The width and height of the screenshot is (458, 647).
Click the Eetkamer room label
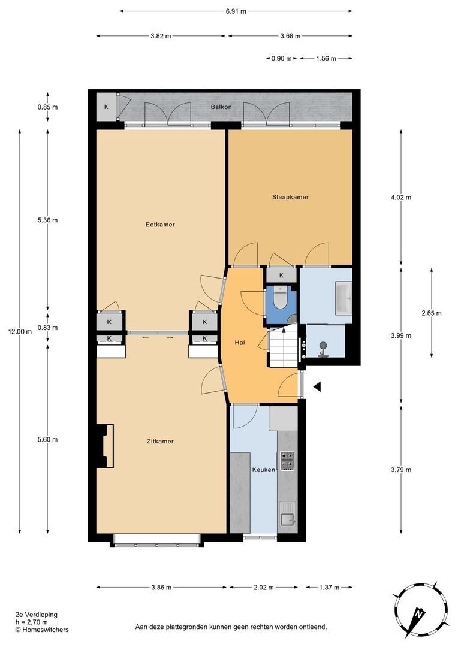[160, 225]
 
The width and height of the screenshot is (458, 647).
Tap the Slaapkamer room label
[290, 197]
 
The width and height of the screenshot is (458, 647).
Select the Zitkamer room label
[160, 441]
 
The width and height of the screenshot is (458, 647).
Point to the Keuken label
[264, 470]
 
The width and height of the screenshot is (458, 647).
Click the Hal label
[240, 343]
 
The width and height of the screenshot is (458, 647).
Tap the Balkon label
[221, 107]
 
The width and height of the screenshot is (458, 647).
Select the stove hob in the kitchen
[288, 461]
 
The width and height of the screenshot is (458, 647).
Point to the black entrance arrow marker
[317, 386]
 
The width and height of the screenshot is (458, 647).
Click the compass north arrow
[420, 616]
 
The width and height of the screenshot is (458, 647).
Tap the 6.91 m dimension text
[236, 11]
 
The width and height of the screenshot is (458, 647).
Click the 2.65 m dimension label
[432, 313]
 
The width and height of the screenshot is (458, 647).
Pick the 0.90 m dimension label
[281, 59]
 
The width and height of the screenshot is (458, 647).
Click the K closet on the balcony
[106, 107]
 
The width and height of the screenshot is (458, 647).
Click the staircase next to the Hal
[284, 346]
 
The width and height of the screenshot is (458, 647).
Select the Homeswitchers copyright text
[42, 630]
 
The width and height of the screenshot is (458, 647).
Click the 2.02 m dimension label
[264, 588]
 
